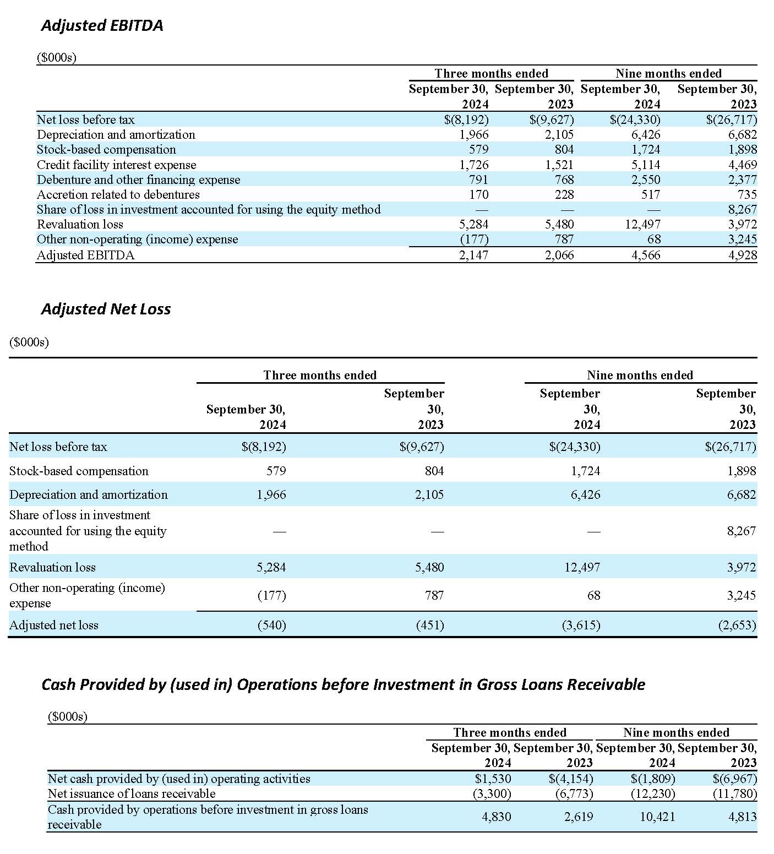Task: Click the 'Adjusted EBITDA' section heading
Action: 102,26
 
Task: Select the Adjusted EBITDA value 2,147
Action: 473,255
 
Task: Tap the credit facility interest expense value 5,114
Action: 645,165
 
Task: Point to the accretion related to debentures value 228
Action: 564,194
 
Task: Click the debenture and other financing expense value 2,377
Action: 742,179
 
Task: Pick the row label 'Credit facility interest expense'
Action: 116,165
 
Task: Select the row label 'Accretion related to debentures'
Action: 118,194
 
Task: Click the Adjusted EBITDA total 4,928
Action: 742,255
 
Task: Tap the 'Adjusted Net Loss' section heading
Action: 106,309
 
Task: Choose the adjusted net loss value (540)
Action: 272,625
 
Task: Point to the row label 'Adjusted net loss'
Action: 54,625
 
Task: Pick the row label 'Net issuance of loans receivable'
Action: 132,793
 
